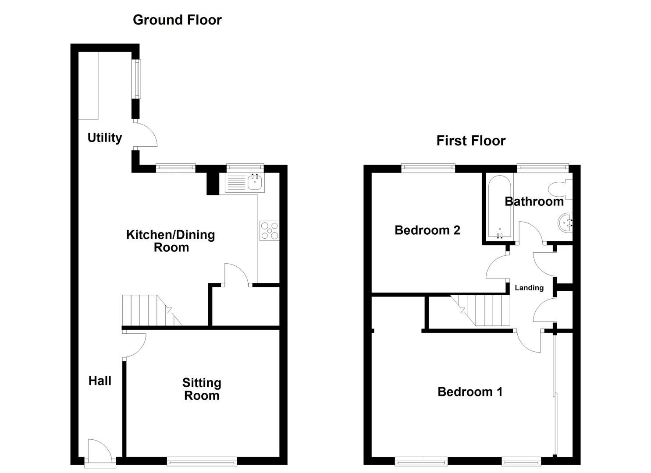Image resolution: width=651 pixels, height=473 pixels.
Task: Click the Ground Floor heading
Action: pos(177,20)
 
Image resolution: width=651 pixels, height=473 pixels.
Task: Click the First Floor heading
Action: pos(471,141)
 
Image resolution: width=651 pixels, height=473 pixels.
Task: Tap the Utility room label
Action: pos(104,138)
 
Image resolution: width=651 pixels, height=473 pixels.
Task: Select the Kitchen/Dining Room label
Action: pos(171,241)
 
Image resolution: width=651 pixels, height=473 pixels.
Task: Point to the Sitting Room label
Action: pos(202,389)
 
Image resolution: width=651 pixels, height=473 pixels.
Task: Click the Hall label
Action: pos(100,381)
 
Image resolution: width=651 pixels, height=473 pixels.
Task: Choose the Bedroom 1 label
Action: pos(470,392)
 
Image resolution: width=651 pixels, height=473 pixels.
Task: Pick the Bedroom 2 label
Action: pos(427,230)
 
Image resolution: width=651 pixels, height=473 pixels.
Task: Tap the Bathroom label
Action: pos(534,201)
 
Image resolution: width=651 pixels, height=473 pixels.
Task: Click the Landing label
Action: pos(529,288)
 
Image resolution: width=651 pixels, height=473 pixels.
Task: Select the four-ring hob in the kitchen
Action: pos(269,231)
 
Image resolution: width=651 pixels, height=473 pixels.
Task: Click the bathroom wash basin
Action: pos(566,222)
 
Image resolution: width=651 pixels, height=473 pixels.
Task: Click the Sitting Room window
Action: pos(202,461)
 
